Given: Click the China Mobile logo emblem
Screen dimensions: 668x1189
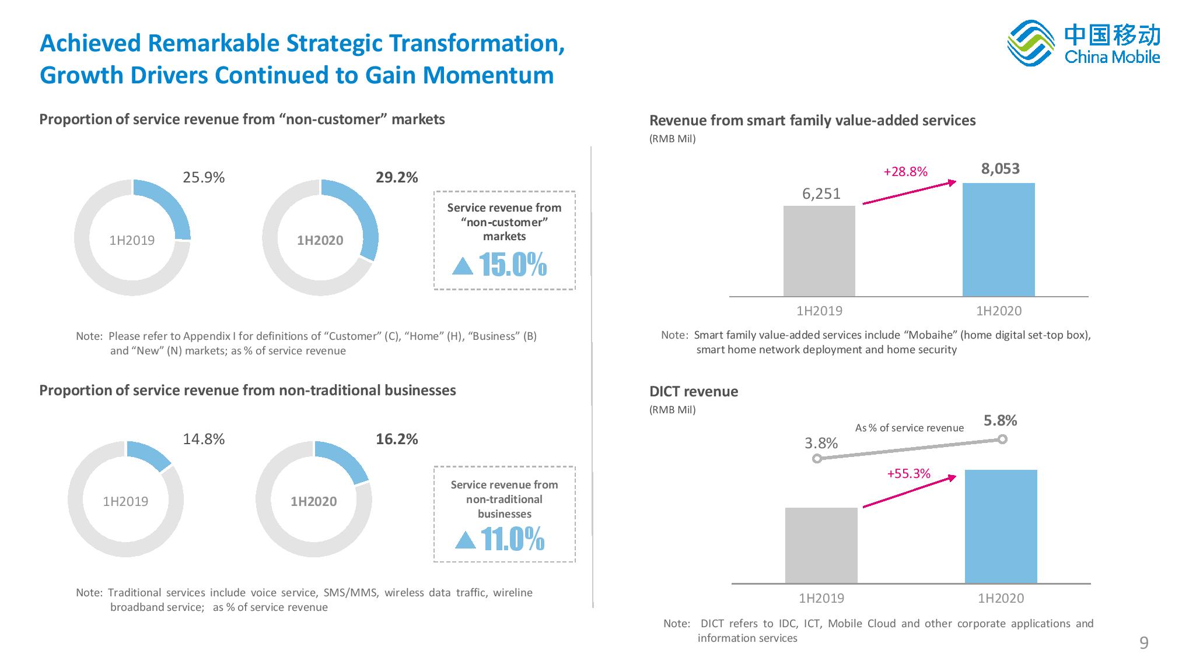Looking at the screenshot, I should click(1031, 43).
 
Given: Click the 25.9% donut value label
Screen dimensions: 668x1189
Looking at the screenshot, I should click(204, 178).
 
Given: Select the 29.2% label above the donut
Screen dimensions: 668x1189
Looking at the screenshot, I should click(397, 178).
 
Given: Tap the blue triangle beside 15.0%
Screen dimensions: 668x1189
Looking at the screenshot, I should click(463, 266).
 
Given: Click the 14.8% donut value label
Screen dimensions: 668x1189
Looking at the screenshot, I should click(204, 440).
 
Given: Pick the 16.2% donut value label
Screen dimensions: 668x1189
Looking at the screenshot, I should click(397, 440).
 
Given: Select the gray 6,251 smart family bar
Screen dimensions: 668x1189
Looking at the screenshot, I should click(819, 251).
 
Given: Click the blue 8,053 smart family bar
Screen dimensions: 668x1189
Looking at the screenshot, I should click(998, 240).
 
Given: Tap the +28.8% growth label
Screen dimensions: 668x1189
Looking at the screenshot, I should click(905, 172).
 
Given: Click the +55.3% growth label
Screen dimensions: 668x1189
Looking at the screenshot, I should click(908, 474).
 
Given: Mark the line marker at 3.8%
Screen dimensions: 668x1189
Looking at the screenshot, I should click(817, 459).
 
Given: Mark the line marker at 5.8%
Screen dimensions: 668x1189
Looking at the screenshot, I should click(1002, 440).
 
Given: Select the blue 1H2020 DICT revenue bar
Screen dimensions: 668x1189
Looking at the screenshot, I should click(1001, 526).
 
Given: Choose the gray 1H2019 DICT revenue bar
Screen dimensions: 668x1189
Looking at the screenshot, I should click(821, 545).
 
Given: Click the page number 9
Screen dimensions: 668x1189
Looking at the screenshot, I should click(1143, 643).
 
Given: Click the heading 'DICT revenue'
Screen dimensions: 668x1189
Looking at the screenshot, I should click(694, 392).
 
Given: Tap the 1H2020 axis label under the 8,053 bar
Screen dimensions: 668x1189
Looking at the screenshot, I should click(999, 311).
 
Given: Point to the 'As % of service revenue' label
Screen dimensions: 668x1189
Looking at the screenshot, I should click(909, 428).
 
